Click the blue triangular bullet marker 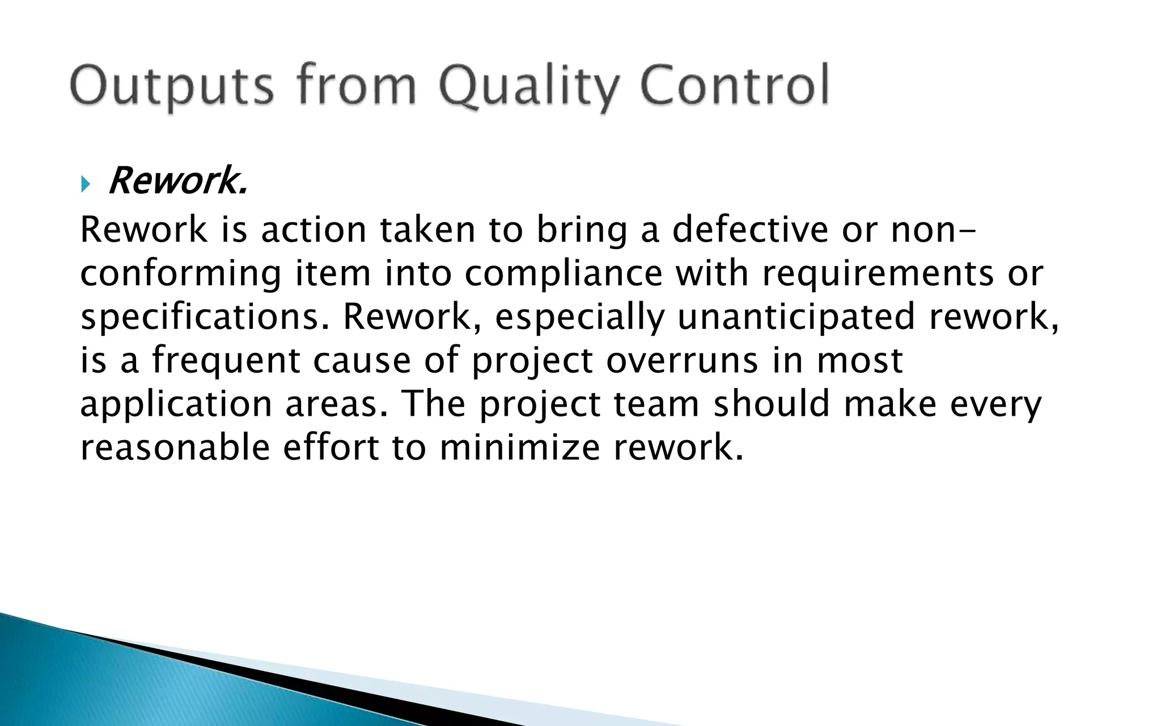coord(86,184)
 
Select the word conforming coord(180,274)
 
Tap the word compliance coord(563,274)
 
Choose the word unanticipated coord(796,316)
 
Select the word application coord(176,405)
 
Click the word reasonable coord(175,448)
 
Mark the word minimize coord(519,448)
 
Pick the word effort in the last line coord(330,448)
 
